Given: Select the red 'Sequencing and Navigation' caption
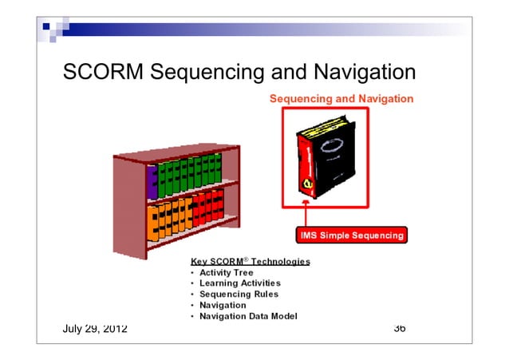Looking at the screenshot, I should click(341, 99).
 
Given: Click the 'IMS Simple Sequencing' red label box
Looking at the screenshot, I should click(351, 235).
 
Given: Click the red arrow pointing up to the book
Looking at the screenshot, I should click(306, 216).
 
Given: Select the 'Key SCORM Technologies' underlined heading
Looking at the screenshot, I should click(251, 261).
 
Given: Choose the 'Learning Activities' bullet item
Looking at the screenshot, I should click(240, 283).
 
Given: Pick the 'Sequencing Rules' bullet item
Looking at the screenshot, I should click(235, 294).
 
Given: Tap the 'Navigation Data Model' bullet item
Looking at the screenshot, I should click(248, 316).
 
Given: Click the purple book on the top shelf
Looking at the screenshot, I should click(152, 181).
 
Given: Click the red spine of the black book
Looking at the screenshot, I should click(302, 168).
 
